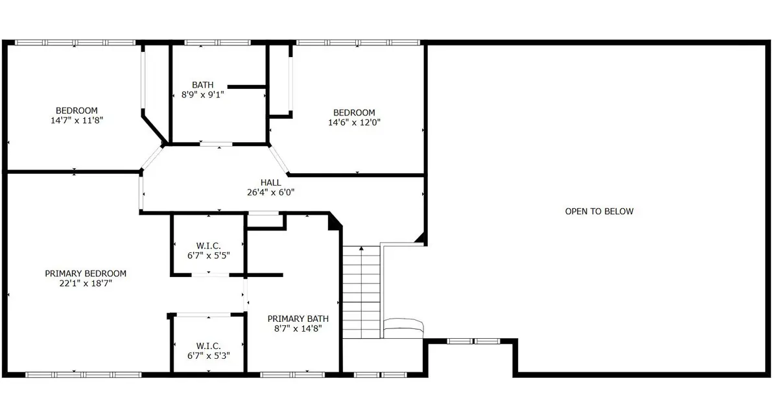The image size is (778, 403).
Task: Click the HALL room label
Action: [270, 182]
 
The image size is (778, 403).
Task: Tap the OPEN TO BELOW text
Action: [599, 212]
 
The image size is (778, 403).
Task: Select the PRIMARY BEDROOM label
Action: [86, 274]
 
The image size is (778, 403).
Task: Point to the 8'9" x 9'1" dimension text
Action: [202, 95]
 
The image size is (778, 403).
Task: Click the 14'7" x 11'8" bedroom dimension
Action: [77, 120]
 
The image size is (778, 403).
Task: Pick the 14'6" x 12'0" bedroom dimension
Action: [354, 123]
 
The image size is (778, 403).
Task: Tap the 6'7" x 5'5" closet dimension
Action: [208, 256]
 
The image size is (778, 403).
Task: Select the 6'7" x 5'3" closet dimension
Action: [208, 356]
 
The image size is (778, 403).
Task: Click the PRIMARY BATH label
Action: [298, 319]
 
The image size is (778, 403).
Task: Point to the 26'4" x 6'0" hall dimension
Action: [270, 192]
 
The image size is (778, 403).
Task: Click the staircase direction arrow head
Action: [361, 249]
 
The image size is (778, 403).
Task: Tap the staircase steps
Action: [361, 292]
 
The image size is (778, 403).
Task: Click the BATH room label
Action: [202, 85]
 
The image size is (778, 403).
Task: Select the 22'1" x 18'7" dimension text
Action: [86, 284]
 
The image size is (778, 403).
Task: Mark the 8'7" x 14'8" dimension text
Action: [298, 328]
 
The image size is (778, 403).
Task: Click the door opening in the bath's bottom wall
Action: [216, 144]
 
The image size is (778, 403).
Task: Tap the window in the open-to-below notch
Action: [473, 341]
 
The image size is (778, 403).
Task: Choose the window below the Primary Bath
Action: [292, 375]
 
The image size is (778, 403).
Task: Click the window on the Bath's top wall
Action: [217, 43]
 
